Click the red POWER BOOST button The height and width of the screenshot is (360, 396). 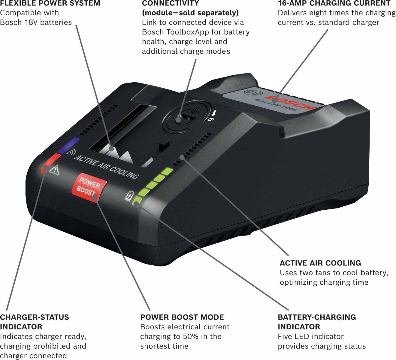tap(89, 187)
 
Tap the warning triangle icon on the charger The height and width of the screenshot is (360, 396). tap(54, 170)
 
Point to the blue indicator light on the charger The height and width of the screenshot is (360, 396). tap(68, 145)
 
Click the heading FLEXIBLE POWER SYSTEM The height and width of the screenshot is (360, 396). tap(50, 3)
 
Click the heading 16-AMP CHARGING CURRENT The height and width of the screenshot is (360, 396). tap(334, 3)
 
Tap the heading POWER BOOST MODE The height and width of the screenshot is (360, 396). tap(182, 317)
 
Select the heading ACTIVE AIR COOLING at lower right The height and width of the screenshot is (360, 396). tap(320, 263)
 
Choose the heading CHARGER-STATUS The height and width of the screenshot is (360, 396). tap(34, 317)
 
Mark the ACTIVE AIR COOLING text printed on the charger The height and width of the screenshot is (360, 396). tap(107, 167)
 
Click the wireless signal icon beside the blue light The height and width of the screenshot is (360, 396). tap(71, 152)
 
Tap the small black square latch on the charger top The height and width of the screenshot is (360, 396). tap(164, 146)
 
